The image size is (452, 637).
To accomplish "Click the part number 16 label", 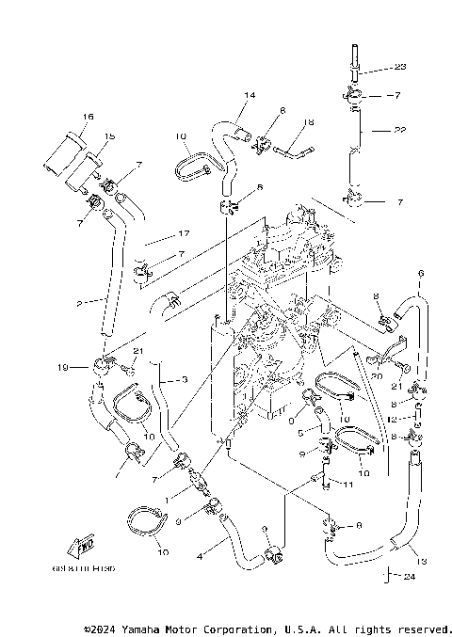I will pyautogui.click(x=88, y=117).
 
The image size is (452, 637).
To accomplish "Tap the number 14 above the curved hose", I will pyautogui.click(x=250, y=96).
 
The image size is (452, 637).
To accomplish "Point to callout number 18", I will pyautogui.click(x=307, y=122).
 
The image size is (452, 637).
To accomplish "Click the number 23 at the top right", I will pyautogui.click(x=400, y=67).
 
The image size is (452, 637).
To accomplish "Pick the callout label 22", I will pyautogui.click(x=400, y=130).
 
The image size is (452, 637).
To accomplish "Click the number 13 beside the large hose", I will pyautogui.click(x=421, y=561).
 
